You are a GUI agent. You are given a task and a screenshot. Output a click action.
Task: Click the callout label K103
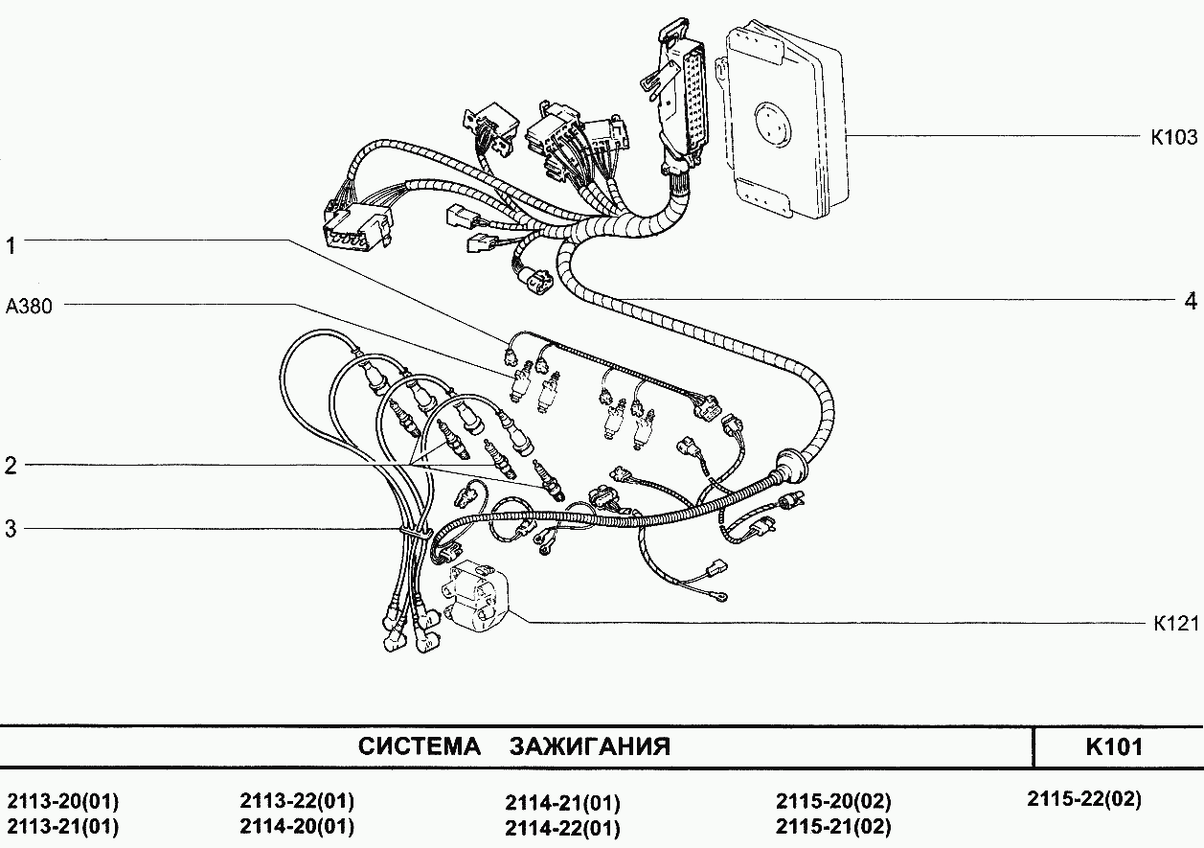pos(1174,137)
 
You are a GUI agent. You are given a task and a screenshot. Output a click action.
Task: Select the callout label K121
pos(1176,623)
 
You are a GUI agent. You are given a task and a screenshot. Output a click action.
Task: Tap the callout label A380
pos(29,306)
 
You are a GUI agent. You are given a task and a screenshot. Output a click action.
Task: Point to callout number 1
pos(11,245)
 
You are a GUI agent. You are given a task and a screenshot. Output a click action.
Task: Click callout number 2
pos(11,466)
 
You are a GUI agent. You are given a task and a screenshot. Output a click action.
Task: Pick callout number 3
pos(11,529)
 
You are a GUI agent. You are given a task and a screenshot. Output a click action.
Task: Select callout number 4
pos(1191,301)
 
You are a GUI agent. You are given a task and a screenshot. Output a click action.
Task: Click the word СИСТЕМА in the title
pos(420,746)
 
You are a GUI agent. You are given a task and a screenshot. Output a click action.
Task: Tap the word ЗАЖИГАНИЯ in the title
pos(590,746)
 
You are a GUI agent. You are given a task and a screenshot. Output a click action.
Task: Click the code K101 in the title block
pos(1114,746)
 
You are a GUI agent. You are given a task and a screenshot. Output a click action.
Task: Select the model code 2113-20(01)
pos(63,801)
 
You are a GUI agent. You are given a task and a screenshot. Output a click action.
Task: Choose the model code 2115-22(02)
pos(1084,798)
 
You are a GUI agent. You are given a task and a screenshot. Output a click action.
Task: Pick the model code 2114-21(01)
pos(563,803)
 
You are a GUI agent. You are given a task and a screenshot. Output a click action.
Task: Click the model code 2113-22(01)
pos(297,801)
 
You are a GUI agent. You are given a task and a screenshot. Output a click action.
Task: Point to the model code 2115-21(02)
pos(833,826)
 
